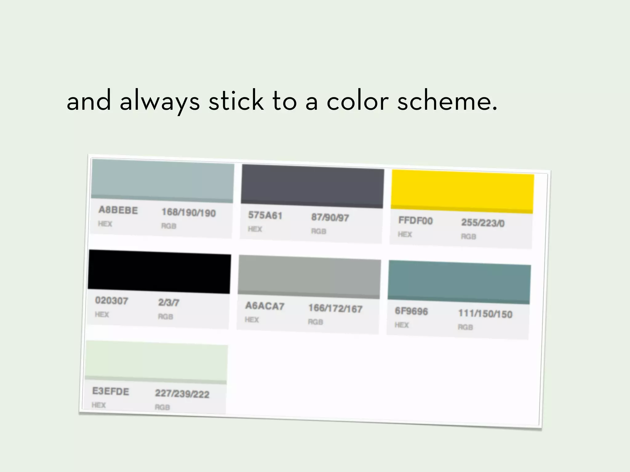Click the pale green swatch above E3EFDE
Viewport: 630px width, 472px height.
click(157, 361)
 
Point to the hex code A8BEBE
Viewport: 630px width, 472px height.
click(118, 210)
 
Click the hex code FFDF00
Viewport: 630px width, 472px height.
click(415, 221)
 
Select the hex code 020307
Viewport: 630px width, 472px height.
click(111, 301)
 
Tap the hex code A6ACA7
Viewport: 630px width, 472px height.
click(265, 306)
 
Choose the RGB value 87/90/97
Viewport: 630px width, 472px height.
click(330, 218)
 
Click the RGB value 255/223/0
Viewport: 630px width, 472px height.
click(483, 223)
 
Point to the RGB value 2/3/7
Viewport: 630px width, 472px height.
click(169, 303)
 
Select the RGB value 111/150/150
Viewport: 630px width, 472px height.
click(485, 314)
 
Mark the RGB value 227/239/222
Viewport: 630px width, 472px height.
click(182, 394)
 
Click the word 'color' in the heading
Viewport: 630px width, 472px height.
click(358, 101)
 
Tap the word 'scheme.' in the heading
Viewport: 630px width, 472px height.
click(447, 101)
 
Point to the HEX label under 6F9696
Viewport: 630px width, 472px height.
click(402, 325)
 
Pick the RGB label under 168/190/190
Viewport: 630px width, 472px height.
click(169, 226)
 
